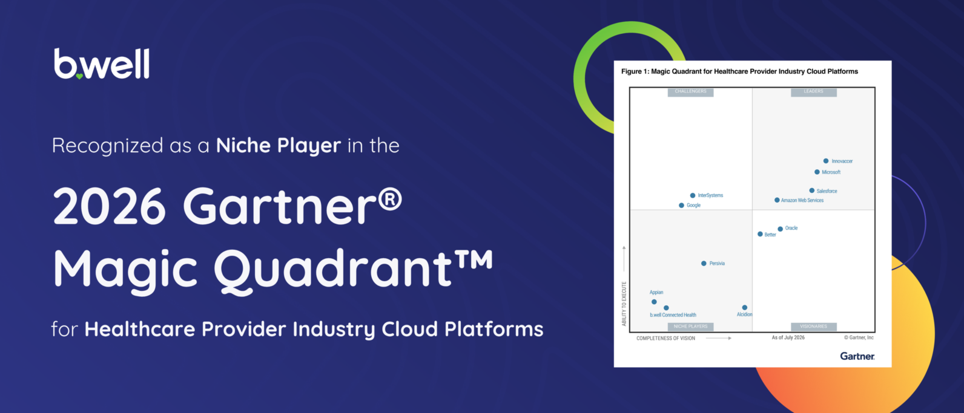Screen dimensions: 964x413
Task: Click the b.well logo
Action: (x=102, y=64)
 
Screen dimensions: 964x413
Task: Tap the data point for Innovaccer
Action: (x=826, y=161)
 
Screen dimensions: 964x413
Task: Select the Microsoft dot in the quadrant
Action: (x=817, y=172)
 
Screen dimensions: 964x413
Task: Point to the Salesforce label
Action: (x=827, y=191)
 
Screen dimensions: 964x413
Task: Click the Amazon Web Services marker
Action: (x=777, y=200)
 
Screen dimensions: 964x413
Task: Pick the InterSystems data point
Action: (x=693, y=195)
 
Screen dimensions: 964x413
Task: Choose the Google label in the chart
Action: (x=694, y=206)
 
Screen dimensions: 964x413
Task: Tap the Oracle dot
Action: (x=781, y=229)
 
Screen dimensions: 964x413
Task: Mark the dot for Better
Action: (x=760, y=234)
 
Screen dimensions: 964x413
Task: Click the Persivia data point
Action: (x=704, y=264)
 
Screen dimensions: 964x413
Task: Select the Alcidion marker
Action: (x=745, y=307)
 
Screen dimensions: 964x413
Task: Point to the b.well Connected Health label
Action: (x=673, y=315)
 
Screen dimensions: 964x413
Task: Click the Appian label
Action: (x=656, y=292)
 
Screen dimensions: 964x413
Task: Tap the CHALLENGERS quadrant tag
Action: (x=690, y=92)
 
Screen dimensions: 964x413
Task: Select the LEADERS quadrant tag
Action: (x=813, y=92)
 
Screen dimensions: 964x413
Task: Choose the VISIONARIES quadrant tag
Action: (x=813, y=327)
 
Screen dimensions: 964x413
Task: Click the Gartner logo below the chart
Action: (x=857, y=356)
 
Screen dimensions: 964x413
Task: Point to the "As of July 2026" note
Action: (x=788, y=338)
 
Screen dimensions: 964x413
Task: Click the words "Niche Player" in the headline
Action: (x=279, y=146)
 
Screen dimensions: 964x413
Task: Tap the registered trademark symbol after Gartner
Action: (x=391, y=201)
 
